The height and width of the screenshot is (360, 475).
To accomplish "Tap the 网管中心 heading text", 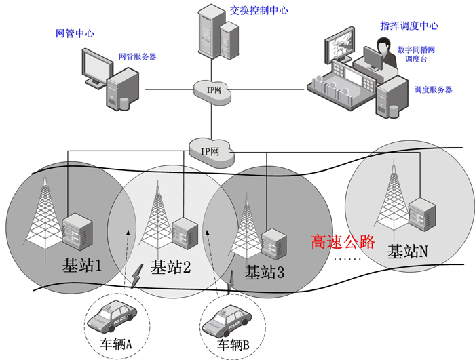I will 75,33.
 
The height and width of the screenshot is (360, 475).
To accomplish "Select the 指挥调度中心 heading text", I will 409,26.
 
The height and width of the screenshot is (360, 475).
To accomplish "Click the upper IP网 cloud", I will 212,90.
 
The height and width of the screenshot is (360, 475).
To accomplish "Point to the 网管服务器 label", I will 137,57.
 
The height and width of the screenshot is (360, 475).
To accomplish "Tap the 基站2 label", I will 170,267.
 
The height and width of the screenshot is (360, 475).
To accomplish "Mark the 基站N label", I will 407,252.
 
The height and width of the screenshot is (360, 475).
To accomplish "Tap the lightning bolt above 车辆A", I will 138,275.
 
